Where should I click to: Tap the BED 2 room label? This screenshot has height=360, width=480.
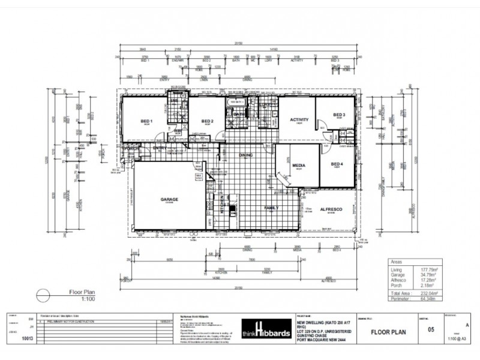tap(208, 121)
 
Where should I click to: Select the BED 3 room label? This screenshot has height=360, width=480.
tap(340, 115)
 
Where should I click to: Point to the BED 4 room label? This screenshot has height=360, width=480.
tap(337, 164)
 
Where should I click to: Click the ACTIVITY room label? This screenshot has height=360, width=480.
tap(299, 119)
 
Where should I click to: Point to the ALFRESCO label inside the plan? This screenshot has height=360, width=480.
tap(331, 209)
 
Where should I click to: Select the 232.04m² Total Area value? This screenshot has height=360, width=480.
tap(425, 293)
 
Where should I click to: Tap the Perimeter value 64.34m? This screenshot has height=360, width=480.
tap(427, 298)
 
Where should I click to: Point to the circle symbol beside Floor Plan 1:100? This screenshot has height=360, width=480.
tap(44, 295)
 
